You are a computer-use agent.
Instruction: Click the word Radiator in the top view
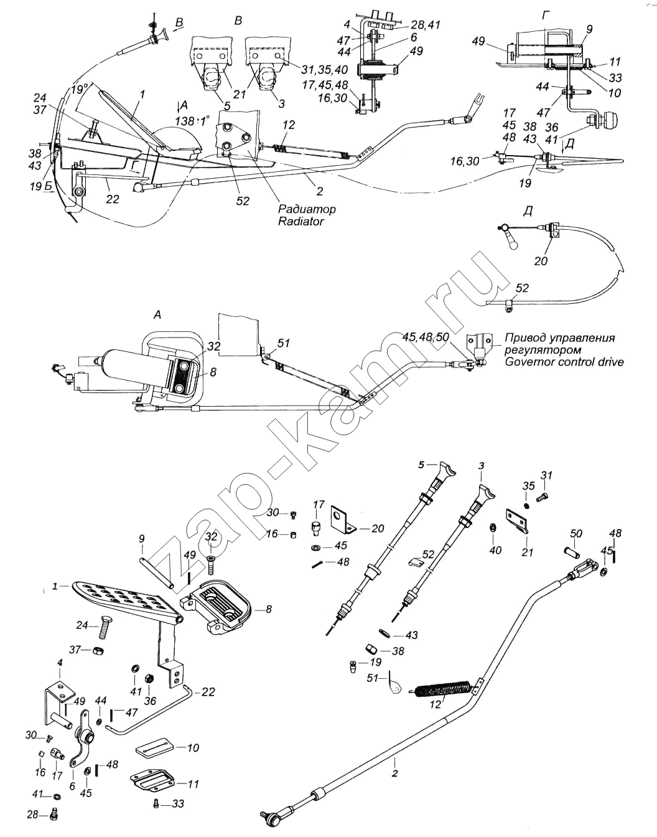(x=301, y=221)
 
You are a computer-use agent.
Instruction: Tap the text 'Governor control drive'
(x=564, y=361)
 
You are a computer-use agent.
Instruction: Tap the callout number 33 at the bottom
(x=177, y=804)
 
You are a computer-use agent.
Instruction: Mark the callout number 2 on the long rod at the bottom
(x=394, y=773)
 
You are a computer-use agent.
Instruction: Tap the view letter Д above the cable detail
(x=528, y=211)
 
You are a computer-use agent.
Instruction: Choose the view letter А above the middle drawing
(x=157, y=315)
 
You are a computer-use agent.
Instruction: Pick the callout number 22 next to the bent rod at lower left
(x=208, y=692)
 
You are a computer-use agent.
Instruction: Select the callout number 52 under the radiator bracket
(x=243, y=201)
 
